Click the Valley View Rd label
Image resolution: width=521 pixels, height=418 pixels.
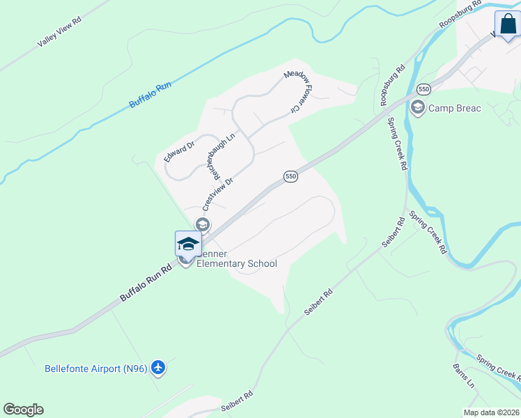tap(60, 32)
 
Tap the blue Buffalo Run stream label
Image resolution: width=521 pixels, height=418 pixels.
tap(150, 95)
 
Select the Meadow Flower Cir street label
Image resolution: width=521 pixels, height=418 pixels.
tap(295, 92)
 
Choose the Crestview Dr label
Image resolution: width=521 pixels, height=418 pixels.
tap(217, 192)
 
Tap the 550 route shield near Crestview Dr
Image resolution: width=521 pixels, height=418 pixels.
tap(291, 177)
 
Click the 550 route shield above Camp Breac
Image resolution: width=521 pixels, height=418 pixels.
tap(423, 89)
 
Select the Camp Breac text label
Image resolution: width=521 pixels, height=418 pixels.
tap(455, 108)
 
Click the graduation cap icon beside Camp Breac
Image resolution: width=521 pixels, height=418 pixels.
tap(417, 107)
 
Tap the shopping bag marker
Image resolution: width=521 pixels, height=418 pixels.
tap(507, 25)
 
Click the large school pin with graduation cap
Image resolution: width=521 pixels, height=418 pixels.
tap(188, 245)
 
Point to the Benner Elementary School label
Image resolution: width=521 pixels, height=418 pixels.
tap(237, 258)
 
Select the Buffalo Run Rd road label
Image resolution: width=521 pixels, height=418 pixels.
tap(146, 281)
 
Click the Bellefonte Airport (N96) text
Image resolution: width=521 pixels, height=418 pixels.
tap(95, 369)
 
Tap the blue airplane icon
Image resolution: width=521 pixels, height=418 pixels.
tap(158, 367)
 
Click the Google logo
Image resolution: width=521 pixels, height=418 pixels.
tap(23, 410)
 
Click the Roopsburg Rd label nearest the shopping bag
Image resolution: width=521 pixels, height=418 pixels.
tap(460, 15)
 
